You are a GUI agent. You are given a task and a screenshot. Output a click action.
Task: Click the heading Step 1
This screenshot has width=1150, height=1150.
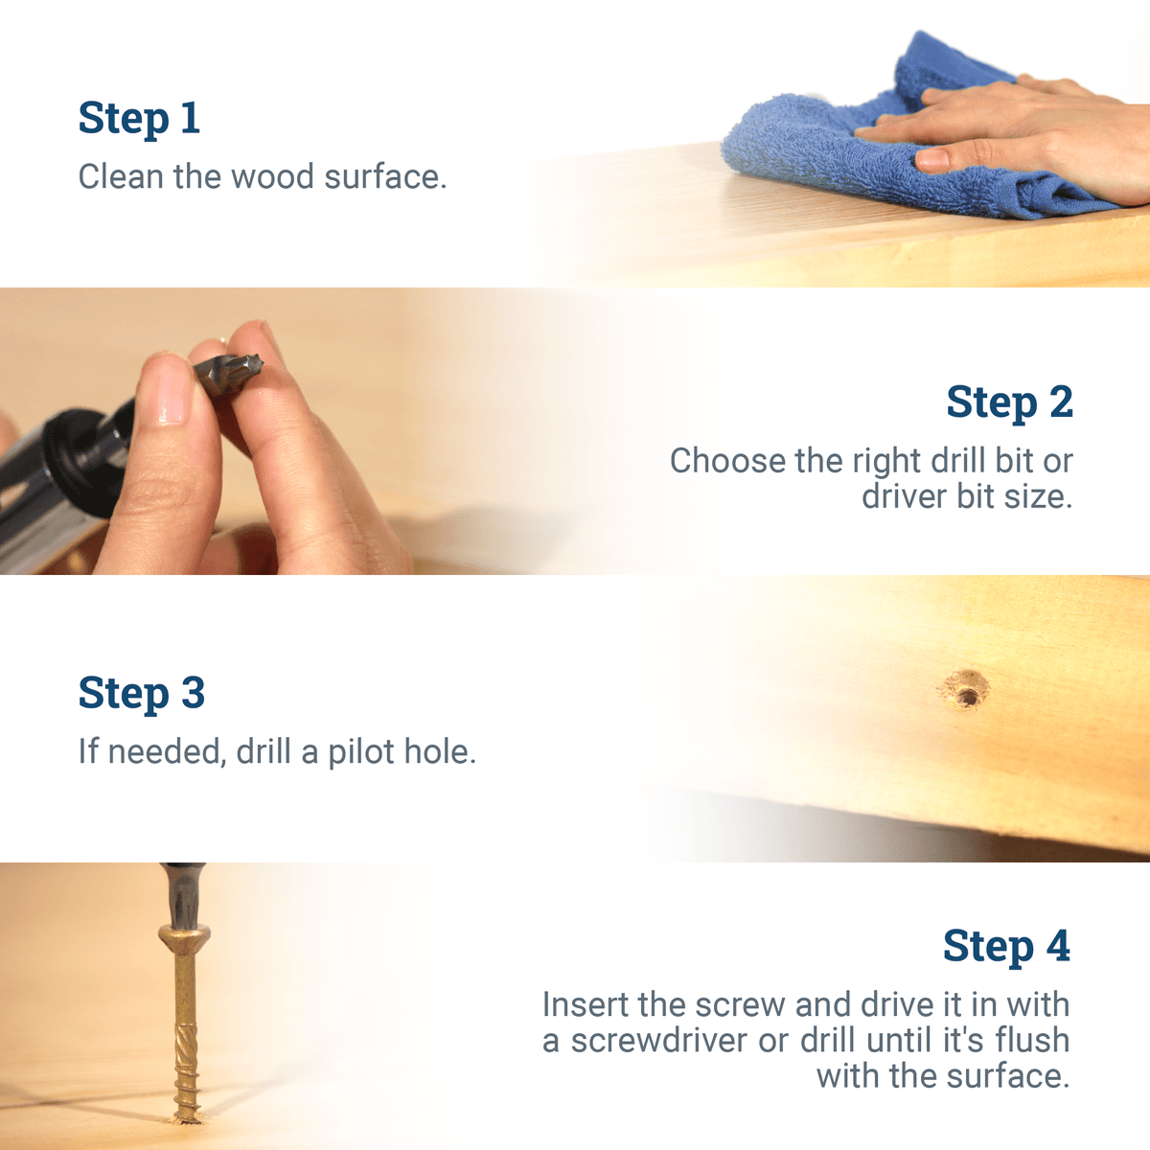pos(139,119)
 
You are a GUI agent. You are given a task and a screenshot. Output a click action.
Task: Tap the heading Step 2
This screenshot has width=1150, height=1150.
pos(1009,402)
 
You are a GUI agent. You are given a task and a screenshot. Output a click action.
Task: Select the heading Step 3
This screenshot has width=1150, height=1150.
pos(141,694)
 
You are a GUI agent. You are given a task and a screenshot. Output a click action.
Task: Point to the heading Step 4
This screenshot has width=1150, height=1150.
pos(1006,947)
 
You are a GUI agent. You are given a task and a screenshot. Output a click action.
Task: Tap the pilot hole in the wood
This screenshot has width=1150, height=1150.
pos(965,690)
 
